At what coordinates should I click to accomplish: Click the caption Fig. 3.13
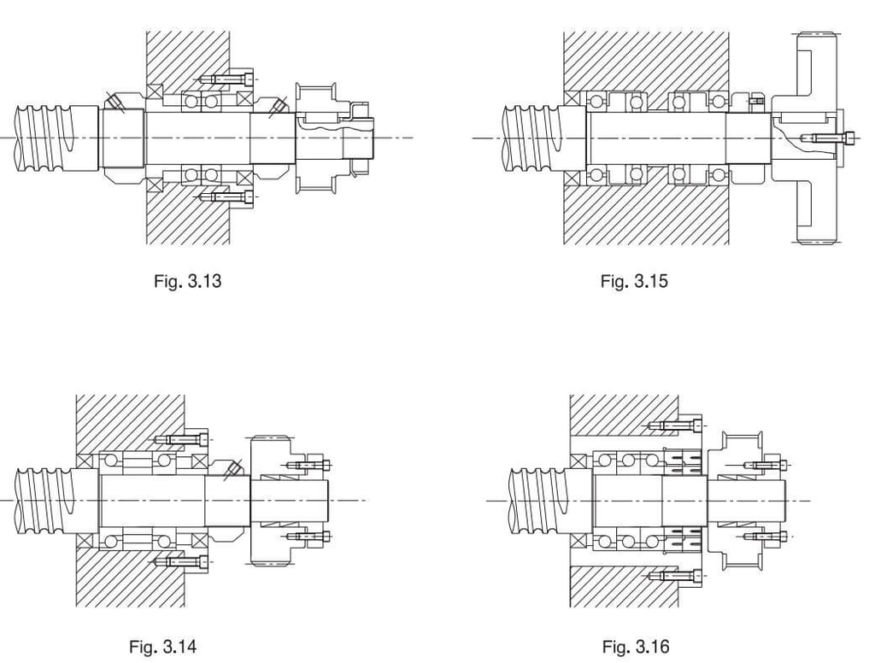(187, 280)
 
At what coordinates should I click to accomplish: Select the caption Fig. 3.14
(162, 646)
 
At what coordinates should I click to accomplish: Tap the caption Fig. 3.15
(633, 280)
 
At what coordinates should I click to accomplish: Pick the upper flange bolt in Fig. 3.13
(227, 79)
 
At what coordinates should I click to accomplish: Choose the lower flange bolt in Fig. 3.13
(227, 197)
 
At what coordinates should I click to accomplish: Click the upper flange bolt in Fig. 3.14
(184, 440)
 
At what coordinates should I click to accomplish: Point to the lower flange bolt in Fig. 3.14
(184, 561)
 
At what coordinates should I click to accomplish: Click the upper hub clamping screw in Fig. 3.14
(310, 465)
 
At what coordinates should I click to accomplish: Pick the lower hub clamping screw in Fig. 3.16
(765, 537)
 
